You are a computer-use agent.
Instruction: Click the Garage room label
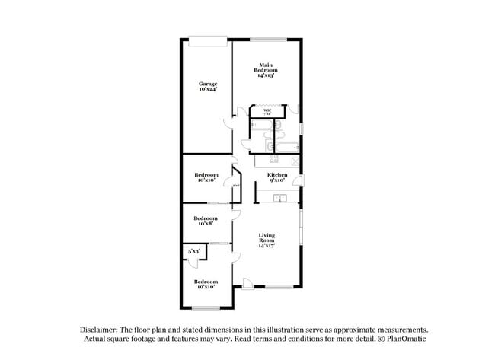coord(208,84)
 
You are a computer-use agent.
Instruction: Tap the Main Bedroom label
coord(266,67)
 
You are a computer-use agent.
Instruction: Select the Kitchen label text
coord(276,175)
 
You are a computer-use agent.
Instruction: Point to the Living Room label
coord(266,237)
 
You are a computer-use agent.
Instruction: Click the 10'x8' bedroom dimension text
coord(206,224)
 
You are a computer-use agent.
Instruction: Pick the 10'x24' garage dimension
coord(208,90)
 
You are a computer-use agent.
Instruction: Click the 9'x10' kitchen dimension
coord(276,181)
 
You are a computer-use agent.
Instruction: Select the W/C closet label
coord(267,111)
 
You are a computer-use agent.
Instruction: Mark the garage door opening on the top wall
coord(206,40)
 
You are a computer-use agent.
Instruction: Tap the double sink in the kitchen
coord(280,199)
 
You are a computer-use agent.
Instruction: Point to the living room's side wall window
coord(300,229)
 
